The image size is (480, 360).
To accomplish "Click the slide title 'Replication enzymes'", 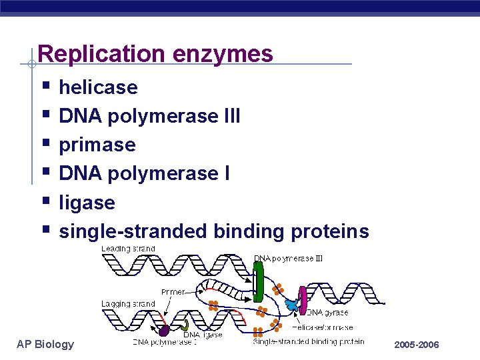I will coord(155,53).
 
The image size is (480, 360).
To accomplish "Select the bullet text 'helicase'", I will coord(98,87).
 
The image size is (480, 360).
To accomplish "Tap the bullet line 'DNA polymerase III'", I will coord(149,116).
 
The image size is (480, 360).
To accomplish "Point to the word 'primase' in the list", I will coord(97,145).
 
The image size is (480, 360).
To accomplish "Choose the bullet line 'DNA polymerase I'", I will coord(145,173).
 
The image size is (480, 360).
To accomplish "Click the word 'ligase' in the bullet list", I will coord(87,203).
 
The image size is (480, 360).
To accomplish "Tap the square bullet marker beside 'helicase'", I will coord(45,86).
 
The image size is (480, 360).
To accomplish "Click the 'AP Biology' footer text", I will coord(45,344).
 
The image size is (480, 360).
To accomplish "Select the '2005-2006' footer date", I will coord(417,345).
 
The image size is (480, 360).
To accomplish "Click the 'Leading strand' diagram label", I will coord(128,249).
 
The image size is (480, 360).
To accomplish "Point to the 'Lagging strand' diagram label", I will coord(128,303).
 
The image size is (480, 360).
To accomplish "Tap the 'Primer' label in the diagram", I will coord(173,291).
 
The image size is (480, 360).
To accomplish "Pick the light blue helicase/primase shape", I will coord(291,305).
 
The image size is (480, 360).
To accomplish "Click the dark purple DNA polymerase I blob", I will coord(164,330).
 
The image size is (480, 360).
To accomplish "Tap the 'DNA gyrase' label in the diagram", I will coord(327,312).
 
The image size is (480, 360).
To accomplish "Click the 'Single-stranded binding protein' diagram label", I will coord(308,341).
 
